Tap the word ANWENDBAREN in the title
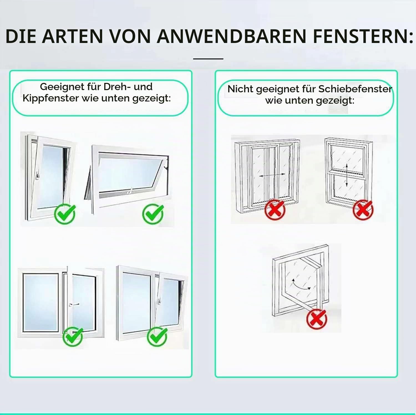(x=232, y=36)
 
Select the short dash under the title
(x=208, y=59)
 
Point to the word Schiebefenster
(x=355, y=89)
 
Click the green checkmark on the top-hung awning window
(x=153, y=213)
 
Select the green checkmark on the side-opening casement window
(x=73, y=336)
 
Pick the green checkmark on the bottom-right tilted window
(x=157, y=337)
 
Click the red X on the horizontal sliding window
(x=275, y=210)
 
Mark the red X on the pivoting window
(x=317, y=319)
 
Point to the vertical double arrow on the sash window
(x=346, y=175)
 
